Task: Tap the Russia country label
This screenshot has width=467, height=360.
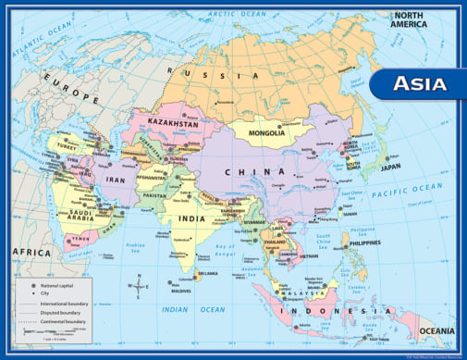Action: pyautogui.click(x=222, y=75)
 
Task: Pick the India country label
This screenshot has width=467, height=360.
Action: pyautogui.click(x=192, y=218)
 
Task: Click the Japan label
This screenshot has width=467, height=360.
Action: pyautogui.click(x=391, y=168)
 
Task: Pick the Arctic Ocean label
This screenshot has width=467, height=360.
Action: pyautogui.click(x=235, y=14)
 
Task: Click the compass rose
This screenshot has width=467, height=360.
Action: pyautogui.click(x=139, y=285)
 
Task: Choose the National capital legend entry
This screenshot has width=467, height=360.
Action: pyautogui.click(x=55, y=286)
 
